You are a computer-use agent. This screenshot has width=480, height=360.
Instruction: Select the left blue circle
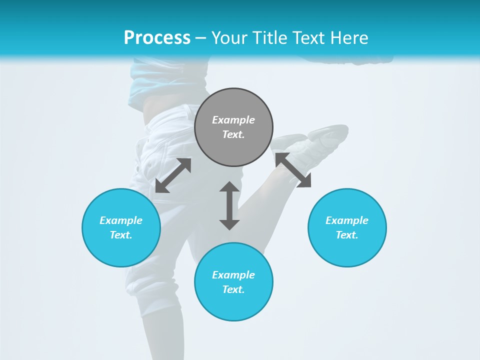tap(121, 227)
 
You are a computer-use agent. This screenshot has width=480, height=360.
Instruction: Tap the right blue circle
tap(347, 227)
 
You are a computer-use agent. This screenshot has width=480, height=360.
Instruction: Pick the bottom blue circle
tap(233, 282)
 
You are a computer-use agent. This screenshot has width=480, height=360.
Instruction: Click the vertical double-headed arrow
tap(229, 205)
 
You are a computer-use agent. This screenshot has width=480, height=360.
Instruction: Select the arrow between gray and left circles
tap(173, 175)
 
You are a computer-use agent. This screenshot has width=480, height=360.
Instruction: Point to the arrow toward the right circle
tap(293, 170)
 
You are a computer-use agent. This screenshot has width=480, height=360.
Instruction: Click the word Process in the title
tap(157, 37)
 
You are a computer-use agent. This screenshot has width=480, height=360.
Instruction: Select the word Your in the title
tap(229, 37)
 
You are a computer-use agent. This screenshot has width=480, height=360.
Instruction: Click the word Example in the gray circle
tap(233, 120)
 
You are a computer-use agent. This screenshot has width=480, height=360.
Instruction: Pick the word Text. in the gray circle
tap(233, 134)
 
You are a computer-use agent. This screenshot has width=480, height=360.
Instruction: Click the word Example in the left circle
tap(121, 220)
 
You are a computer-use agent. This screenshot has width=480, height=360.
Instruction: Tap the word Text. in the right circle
tap(347, 235)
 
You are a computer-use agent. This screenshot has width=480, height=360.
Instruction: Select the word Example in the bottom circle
tap(233, 275)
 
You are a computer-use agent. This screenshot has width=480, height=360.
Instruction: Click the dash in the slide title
tap(200, 38)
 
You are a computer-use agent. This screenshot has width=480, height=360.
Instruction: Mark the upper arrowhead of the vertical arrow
tap(229, 186)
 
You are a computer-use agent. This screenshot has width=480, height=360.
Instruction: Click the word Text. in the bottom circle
tap(233, 289)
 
